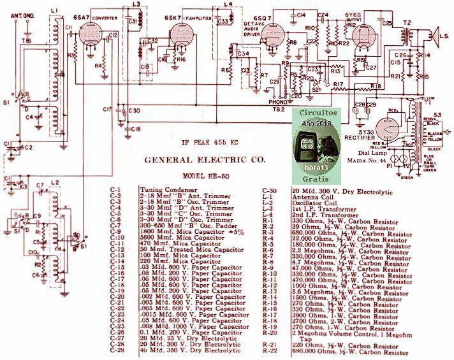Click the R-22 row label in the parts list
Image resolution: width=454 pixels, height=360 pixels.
point(273,352)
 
